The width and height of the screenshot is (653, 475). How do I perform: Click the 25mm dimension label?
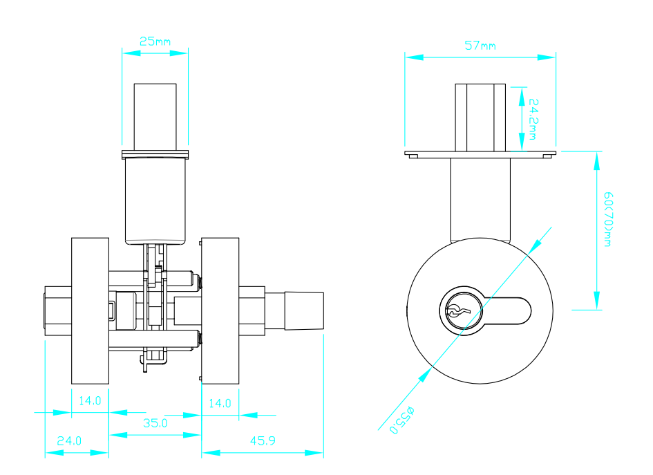(x=155, y=41)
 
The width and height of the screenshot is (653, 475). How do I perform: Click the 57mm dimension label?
(x=480, y=46)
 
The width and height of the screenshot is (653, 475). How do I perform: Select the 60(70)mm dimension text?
(x=608, y=219)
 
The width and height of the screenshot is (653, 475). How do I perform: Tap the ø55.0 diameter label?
(x=402, y=420)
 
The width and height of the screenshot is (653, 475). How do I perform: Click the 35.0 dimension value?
(x=155, y=423)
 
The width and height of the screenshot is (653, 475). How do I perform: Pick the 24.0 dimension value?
(x=69, y=441)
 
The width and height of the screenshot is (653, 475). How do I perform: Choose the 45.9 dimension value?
(x=263, y=441)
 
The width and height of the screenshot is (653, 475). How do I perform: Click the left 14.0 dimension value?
(x=90, y=401)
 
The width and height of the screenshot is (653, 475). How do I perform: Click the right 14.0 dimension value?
(x=220, y=403)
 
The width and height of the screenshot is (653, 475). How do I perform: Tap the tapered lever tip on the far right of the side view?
(x=305, y=311)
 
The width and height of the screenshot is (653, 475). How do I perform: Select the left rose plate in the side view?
(x=90, y=311)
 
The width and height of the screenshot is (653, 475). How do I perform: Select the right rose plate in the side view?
(x=220, y=311)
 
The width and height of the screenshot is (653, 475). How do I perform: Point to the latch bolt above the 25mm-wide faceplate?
(x=155, y=117)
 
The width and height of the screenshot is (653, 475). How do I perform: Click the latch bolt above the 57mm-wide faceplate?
(x=480, y=118)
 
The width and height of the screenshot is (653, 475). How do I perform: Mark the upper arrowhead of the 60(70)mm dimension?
(x=597, y=161)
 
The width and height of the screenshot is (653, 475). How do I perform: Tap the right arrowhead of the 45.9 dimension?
(x=314, y=453)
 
